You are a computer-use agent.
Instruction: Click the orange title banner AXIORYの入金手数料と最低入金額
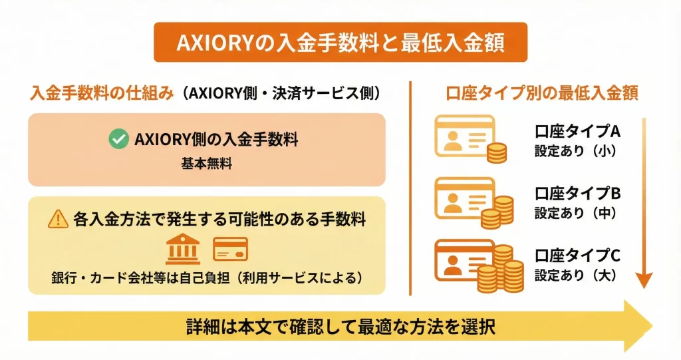[x=340, y=43]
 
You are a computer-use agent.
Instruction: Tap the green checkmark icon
[x=118, y=139]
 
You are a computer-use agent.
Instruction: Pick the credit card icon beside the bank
[x=230, y=249]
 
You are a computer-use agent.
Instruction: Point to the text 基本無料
[x=207, y=164]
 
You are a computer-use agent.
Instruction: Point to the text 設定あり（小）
[x=577, y=151]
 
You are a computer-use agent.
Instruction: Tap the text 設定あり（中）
[x=577, y=213]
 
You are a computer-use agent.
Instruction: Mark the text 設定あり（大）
[x=577, y=275]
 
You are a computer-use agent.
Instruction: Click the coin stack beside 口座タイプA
[x=496, y=152]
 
